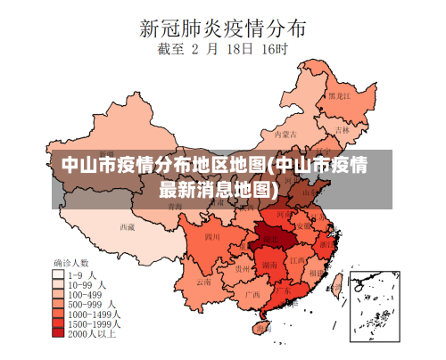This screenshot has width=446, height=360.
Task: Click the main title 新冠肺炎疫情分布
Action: point(222,27)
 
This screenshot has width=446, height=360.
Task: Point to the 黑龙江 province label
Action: point(339,94)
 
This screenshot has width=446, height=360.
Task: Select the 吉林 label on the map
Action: point(343,129)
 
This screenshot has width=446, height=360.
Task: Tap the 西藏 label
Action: point(128,226)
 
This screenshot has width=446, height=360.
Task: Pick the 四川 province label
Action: point(212,237)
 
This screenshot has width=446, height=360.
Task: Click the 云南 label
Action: point(203,281)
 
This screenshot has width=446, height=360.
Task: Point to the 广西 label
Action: point(252,293)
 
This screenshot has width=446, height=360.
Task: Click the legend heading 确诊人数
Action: point(71,263)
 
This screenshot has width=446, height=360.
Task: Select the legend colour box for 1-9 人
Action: point(59,274)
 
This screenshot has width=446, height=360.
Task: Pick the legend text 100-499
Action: point(85,293)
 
